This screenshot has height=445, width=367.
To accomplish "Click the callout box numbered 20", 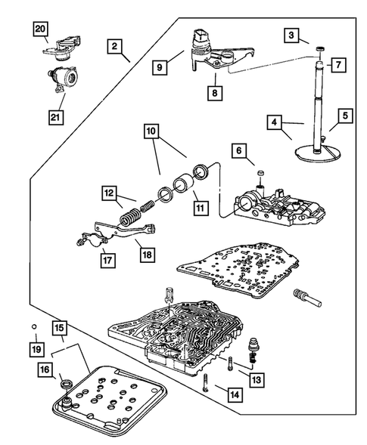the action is (x=41, y=29).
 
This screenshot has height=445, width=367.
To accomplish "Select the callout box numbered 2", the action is (x=114, y=46).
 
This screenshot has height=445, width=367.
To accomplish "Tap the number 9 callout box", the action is (x=160, y=67).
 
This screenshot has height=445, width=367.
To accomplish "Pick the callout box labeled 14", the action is (x=235, y=394).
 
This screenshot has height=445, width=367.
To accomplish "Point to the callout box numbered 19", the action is (x=37, y=349).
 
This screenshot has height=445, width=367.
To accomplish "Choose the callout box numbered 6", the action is (x=239, y=150).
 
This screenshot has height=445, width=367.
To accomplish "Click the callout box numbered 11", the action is (x=201, y=208).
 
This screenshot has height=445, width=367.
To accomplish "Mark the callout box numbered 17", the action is (x=107, y=260).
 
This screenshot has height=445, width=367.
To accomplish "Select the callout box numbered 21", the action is (x=56, y=117).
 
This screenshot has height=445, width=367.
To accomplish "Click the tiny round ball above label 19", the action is (x=34, y=326).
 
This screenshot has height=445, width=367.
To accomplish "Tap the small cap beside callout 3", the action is (x=320, y=49).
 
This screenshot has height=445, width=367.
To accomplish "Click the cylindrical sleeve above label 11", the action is (x=184, y=186).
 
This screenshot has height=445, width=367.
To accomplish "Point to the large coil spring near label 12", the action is (x=130, y=218).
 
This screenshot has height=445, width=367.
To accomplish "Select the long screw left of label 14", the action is (x=206, y=382).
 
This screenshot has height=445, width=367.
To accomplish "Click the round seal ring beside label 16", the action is (x=67, y=384).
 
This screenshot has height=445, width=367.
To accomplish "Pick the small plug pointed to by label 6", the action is (x=261, y=172).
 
